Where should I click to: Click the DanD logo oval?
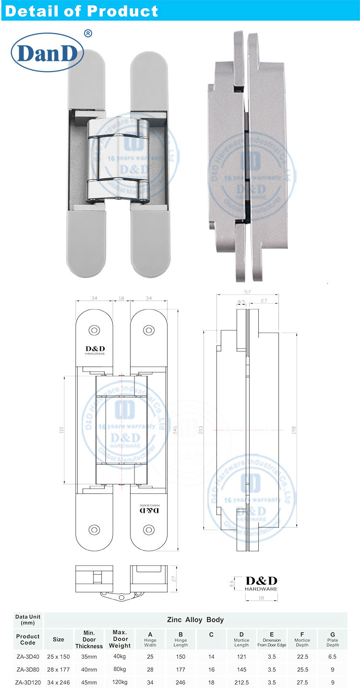tap(47, 53)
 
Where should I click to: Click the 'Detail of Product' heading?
tap(81, 11)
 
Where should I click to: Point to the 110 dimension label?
tap(61, 431)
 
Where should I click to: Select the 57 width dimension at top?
tap(247, 292)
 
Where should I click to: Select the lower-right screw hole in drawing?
tap(148, 529)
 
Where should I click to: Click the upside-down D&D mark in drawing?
tap(148, 509)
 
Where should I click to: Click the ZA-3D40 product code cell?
tap(28, 656)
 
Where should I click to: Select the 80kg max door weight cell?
tap(120, 669)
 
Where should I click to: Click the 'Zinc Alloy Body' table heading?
tap(195, 620)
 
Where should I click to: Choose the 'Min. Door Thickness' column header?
tap(89, 639)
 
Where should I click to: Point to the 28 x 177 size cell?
tap(59, 669)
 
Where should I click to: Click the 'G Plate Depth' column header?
tap(333, 639)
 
